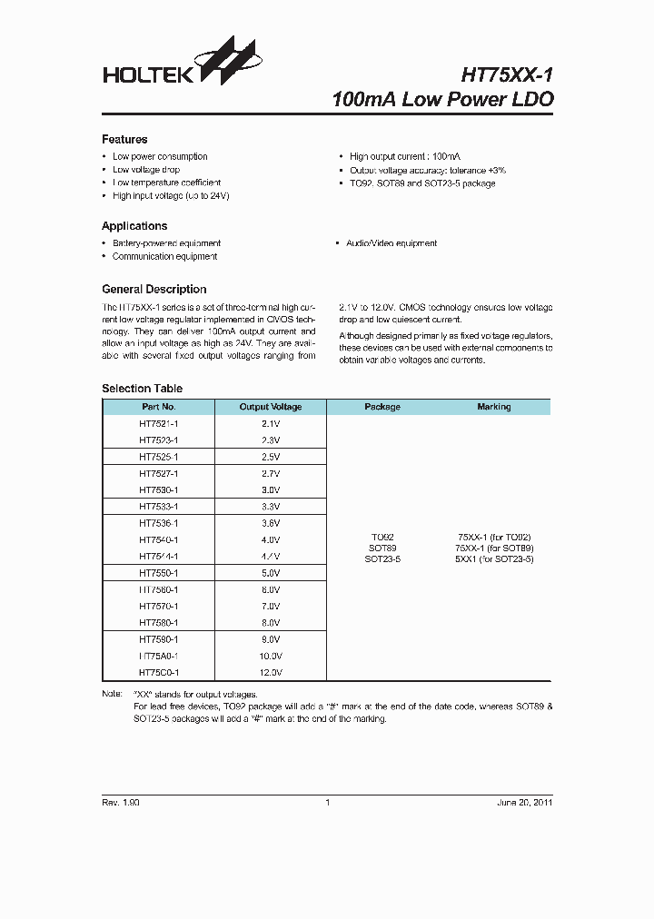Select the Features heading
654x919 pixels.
pyautogui.click(x=124, y=139)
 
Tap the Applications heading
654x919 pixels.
pyautogui.click(x=134, y=226)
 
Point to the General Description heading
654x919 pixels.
pyautogui.click(x=154, y=290)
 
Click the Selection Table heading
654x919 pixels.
pyautogui.click(x=142, y=389)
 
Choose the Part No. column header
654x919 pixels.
pyautogui.click(x=159, y=407)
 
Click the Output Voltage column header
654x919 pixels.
pyautogui.click(x=271, y=407)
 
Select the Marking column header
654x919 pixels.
pyautogui.click(x=493, y=407)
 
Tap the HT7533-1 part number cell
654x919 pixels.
pyautogui.click(x=159, y=507)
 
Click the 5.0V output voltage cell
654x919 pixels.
pyautogui.click(x=271, y=573)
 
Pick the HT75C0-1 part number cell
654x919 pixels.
pyautogui.click(x=159, y=673)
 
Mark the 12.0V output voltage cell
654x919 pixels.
pyautogui.click(x=271, y=673)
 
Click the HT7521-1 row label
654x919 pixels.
pyautogui.click(x=159, y=423)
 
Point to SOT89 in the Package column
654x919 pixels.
pyautogui.click(x=381, y=548)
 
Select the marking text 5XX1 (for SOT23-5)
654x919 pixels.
pyautogui.click(x=493, y=559)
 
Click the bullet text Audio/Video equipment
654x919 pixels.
pyautogui.click(x=391, y=243)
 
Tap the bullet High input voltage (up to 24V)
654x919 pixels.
pyautogui.click(x=171, y=196)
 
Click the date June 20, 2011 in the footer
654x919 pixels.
pyautogui.click(x=524, y=803)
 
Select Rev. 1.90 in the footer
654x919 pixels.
pyautogui.click(x=121, y=803)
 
